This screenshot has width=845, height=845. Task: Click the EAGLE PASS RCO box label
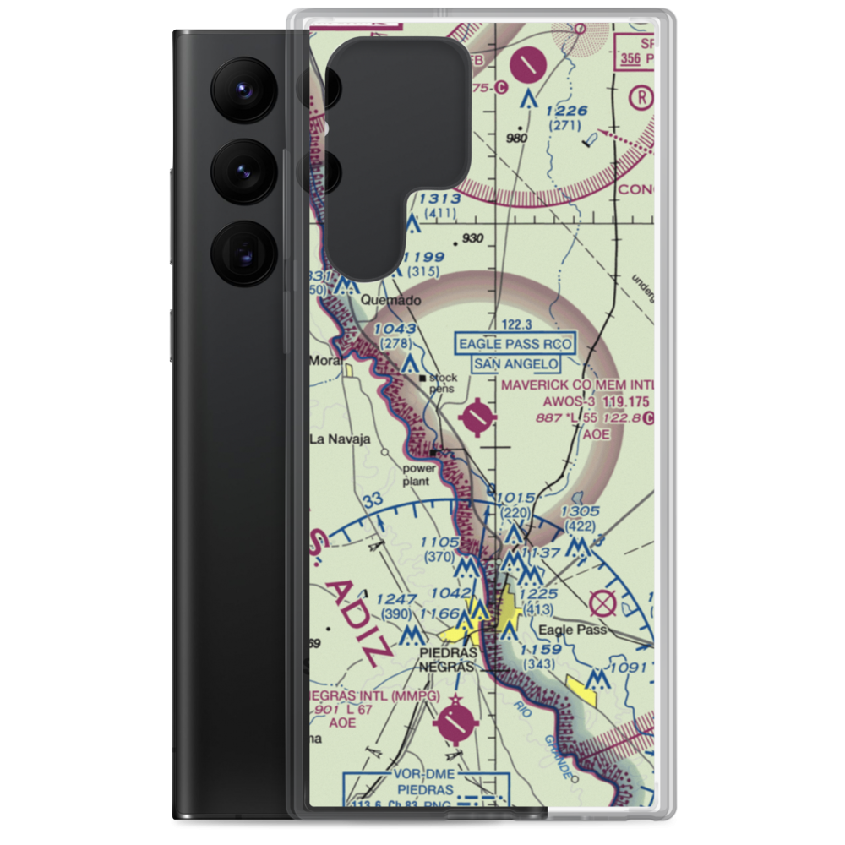pos(515,344)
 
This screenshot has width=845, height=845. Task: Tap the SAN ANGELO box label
pos(515,364)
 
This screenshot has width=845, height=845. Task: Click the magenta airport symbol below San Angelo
pos(479,416)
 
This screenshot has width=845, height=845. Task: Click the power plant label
pos(418,474)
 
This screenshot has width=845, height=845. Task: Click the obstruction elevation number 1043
pos(395,329)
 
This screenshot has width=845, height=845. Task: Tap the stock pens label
pos(443,383)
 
